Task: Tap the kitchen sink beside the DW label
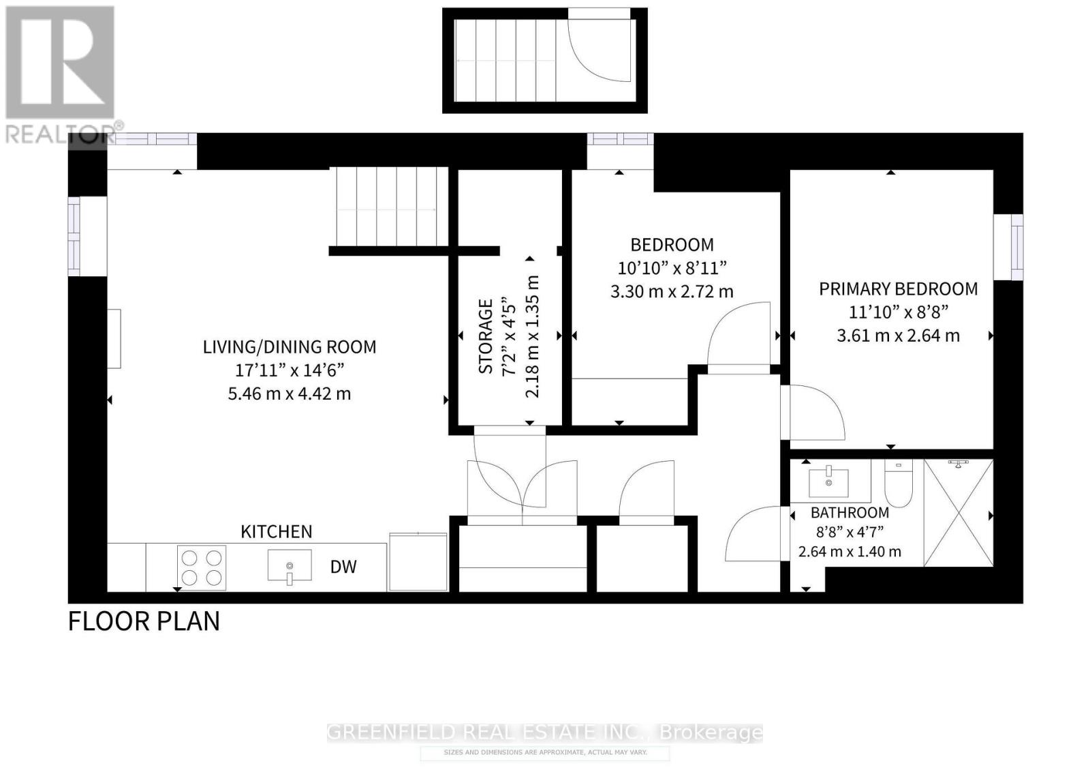click(290, 567)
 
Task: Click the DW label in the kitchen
click(343, 567)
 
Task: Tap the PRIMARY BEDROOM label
click(898, 289)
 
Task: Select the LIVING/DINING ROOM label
click(290, 347)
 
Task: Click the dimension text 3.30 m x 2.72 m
click(672, 292)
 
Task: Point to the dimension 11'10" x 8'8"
click(898, 312)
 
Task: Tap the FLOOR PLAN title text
click(144, 621)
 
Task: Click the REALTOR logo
click(60, 75)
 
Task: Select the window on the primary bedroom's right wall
click(1008, 247)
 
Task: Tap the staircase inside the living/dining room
click(388, 207)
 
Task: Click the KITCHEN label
click(277, 532)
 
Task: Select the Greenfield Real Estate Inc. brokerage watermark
click(545, 733)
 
